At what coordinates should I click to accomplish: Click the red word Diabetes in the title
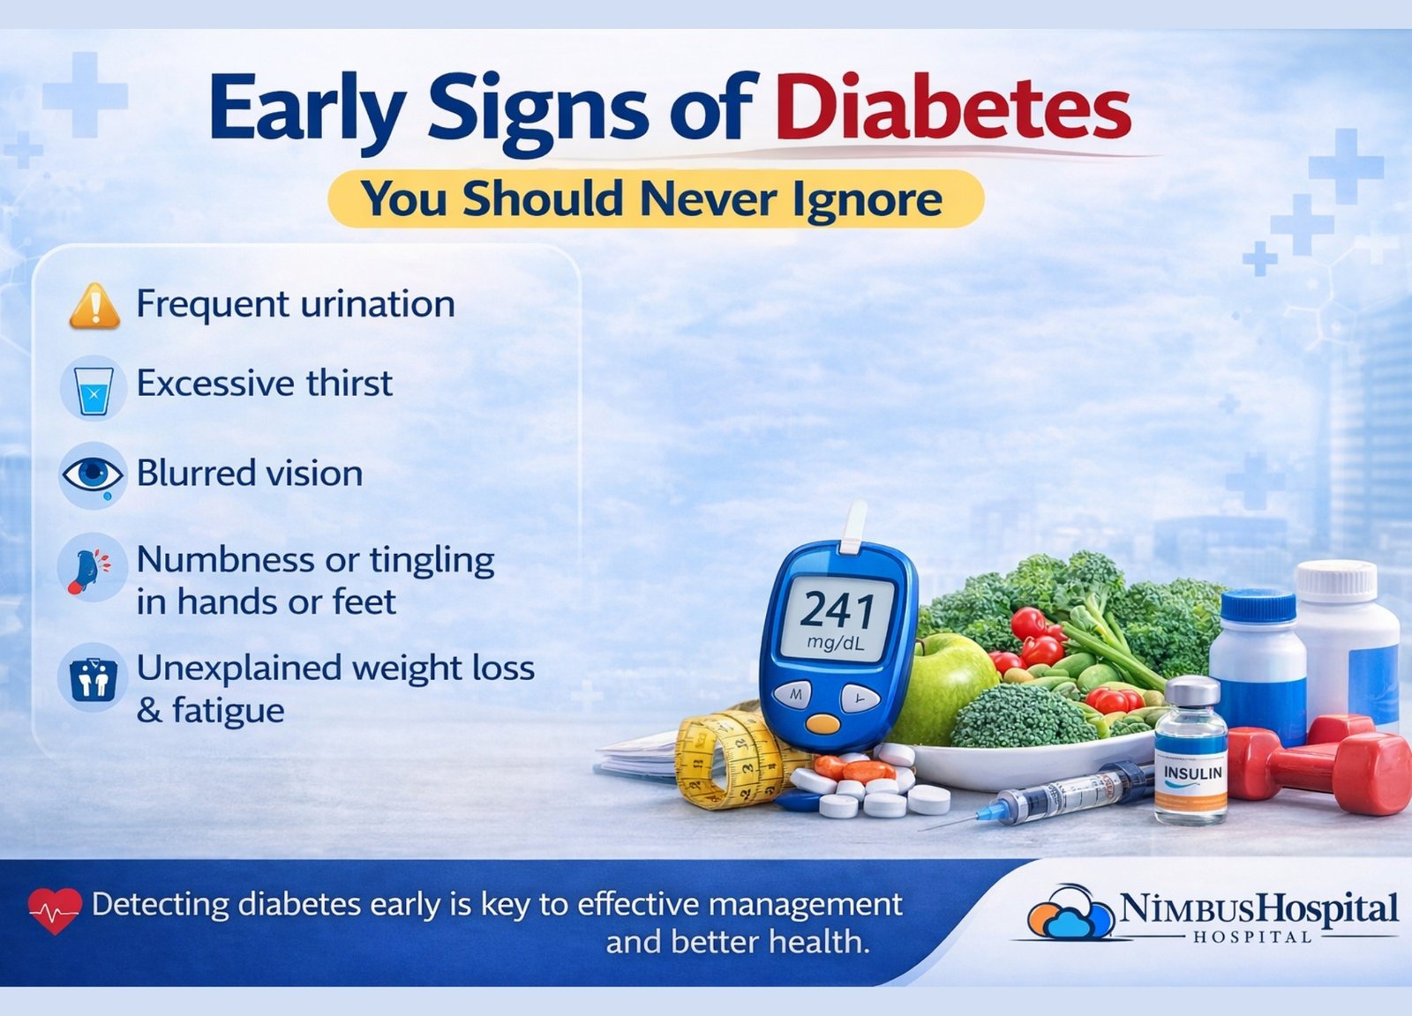(x=952, y=106)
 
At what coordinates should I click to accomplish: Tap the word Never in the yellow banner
(x=707, y=199)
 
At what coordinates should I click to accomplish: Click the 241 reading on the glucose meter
(x=837, y=610)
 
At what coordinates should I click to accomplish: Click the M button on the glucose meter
(x=792, y=695)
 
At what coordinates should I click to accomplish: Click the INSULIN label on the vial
(x=1192, y=773)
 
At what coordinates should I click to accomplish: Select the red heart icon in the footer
(x=55, y=910)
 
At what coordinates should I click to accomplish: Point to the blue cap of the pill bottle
(x=1258, y=608)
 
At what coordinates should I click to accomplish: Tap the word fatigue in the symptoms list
(x=229, y=712)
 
